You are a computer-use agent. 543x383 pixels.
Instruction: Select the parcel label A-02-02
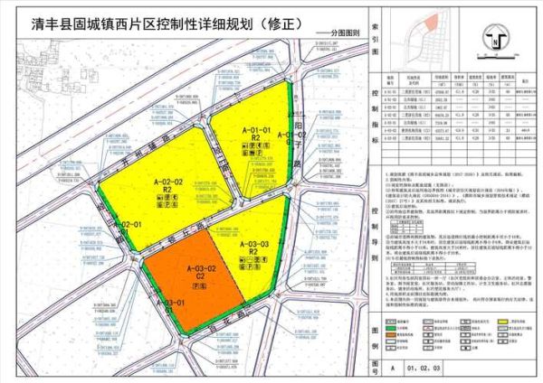pyautogui.click(x=168, y=182)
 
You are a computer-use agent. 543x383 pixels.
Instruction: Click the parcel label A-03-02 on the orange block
pyautogui.click(x=202, y=257)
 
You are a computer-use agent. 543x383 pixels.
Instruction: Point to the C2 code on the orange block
pyautogui.click(x=201, y=267)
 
